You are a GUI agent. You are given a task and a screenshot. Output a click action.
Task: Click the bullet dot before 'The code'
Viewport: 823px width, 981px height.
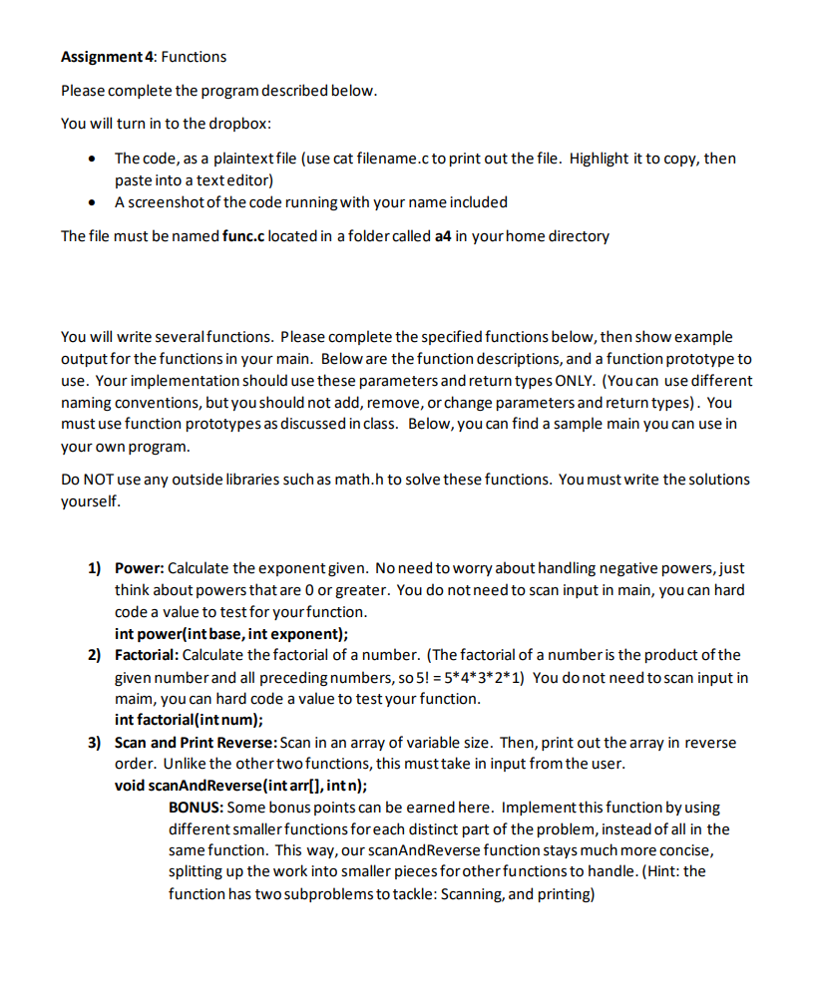point(93,160)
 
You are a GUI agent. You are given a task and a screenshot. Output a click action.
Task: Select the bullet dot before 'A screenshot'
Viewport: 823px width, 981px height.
point(93,202)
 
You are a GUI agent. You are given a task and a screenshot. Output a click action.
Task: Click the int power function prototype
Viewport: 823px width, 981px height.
point(231,633)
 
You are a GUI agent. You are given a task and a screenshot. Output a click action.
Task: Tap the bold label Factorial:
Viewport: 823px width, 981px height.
point(148,655)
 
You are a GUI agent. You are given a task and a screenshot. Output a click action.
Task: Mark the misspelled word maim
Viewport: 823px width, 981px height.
point(134,699)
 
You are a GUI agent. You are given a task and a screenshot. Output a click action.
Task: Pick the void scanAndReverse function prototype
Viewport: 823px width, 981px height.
point(241,786)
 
